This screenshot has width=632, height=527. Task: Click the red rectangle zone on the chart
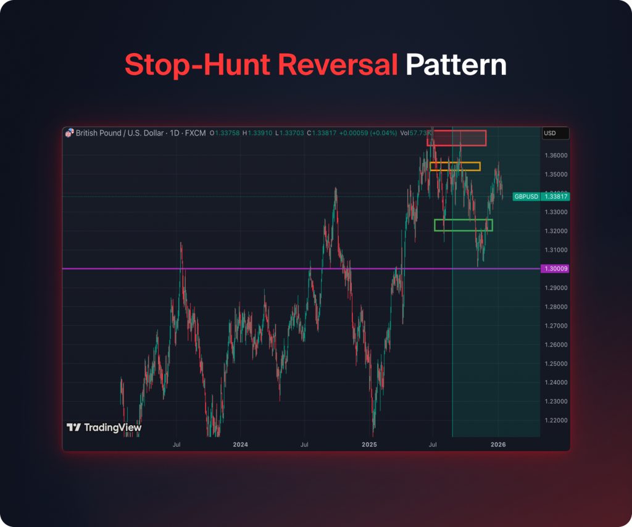click(x=456, y=138)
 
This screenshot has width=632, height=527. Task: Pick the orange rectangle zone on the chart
click(x=455, y=166)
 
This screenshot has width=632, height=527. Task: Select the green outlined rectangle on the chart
click(x=464, y=225)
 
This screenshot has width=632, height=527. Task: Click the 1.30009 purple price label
click(x=555, y=269)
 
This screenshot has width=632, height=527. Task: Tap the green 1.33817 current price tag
click(x=555, y=196)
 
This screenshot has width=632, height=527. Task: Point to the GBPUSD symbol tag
click(x=526, y=196)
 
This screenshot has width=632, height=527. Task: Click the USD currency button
click(x=555, y=133)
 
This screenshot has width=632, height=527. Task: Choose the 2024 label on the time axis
click(x=240, y=444)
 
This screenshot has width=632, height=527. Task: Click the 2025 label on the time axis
click(x=369, y=444)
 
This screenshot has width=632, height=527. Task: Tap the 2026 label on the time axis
click(x=498, y=444)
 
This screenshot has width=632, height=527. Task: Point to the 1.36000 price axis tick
click(x=555, y=155)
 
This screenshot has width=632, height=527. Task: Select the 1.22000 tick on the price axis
click(x=555, y=420)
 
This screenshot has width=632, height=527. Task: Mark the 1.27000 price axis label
click(x=555, y=325)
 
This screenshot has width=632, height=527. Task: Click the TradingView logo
click(x=104, y=427)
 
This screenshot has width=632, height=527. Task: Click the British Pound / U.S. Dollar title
click(x=115, y=133)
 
